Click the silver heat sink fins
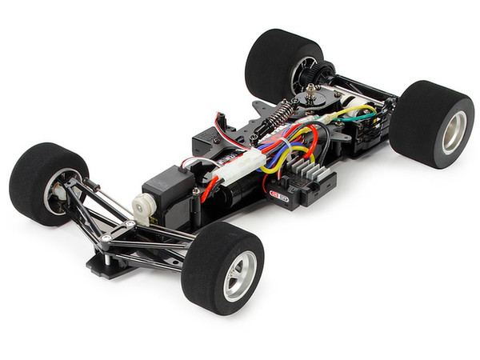(309, 170)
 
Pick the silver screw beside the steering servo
(196, 191)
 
